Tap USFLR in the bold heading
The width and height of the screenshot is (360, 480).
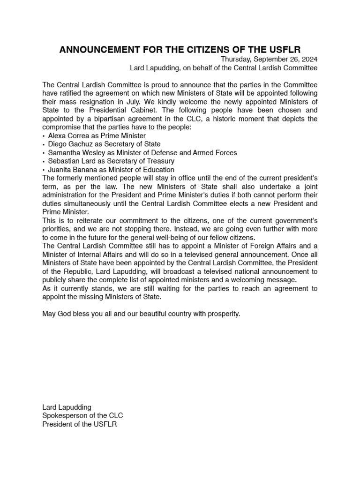click(x=284, y=49)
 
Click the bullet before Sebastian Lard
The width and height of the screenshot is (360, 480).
click(x=44, y=161)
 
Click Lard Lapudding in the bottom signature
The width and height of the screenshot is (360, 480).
click(x=67, y=407)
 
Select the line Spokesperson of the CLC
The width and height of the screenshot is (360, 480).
click(x=83, y=416)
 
